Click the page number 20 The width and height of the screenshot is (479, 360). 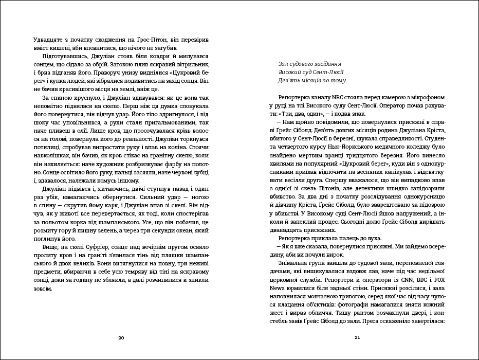(121, 338)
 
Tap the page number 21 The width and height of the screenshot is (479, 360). (358, 338)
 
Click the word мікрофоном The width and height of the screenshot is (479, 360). (428, 98)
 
